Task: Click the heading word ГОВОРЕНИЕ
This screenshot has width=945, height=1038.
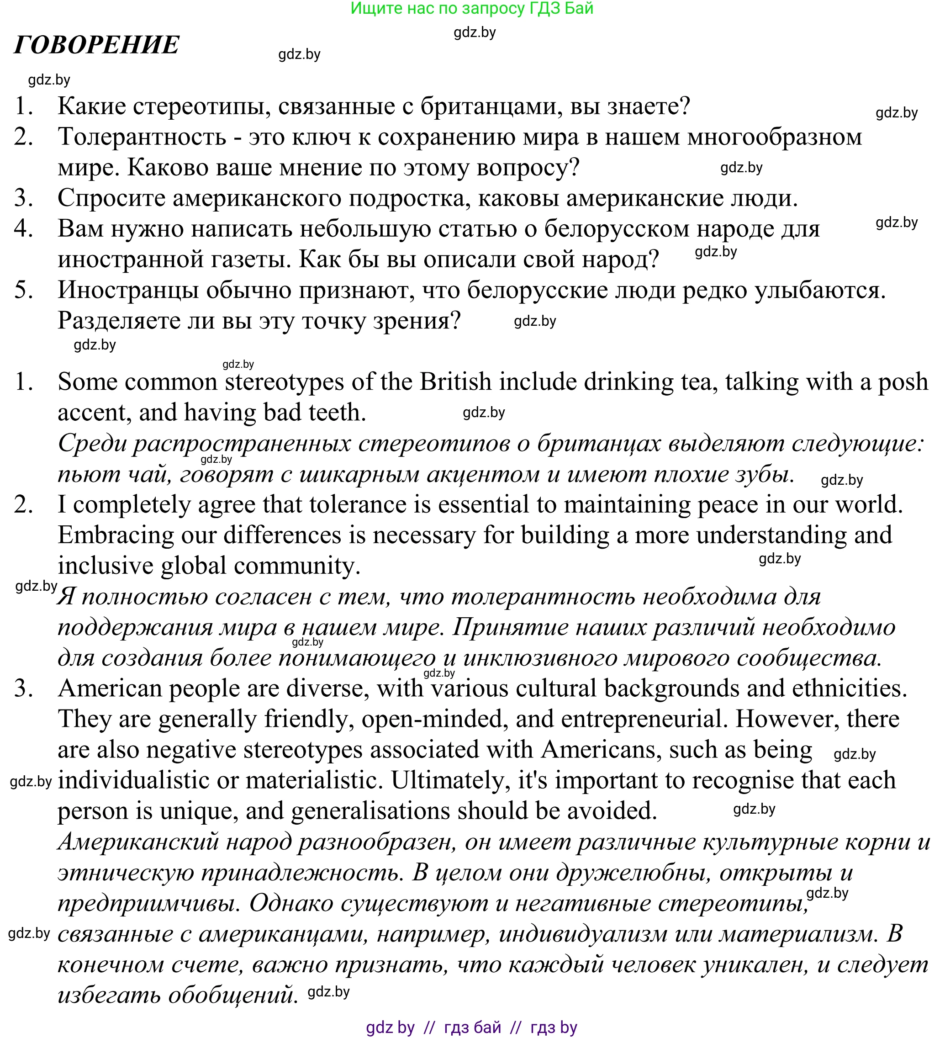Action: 97,45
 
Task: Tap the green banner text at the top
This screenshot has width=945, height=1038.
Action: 471,8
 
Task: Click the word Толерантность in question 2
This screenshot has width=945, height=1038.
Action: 142,137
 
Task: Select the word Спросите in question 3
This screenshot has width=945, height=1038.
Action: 111,198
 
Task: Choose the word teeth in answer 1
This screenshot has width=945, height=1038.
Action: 337,413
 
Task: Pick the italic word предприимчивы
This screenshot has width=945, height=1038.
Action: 149,903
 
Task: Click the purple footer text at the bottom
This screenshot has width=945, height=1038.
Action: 471,1027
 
